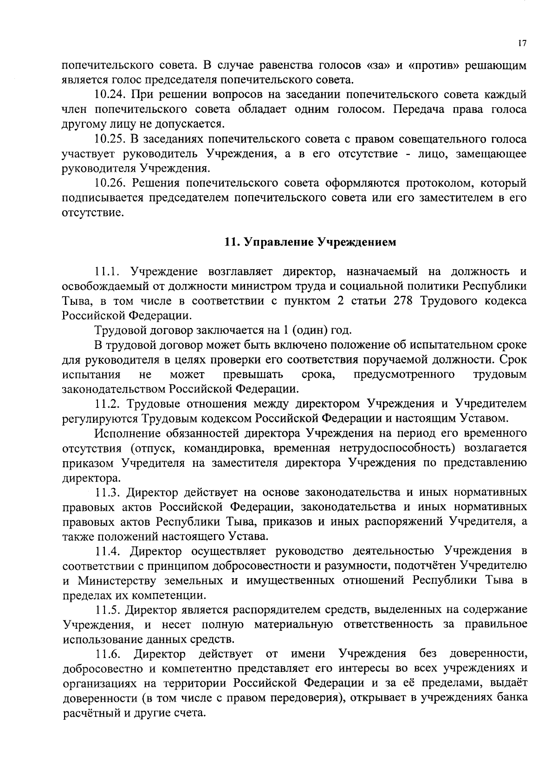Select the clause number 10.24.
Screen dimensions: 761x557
(110, 95)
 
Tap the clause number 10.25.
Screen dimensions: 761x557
(110, 139)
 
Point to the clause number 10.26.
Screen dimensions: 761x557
(110, 183)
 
